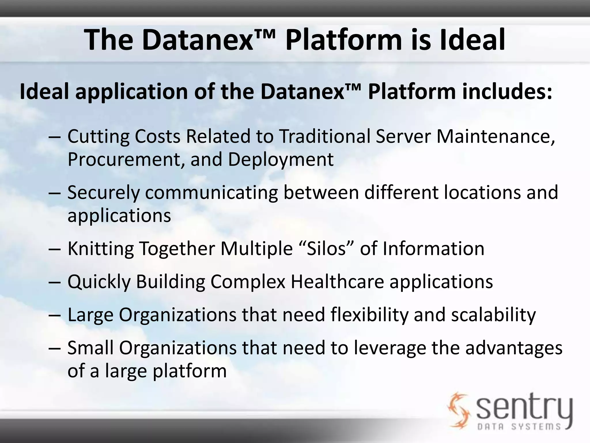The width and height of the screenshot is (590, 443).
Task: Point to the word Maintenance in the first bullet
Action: pyautogui.click(x=496, y=136)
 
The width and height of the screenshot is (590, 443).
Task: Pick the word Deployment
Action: pyautogui.click(x=281, y=159)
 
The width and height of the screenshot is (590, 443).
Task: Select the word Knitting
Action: pyautogui.click(x=101, y=249)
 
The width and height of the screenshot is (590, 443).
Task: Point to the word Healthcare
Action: pyautogui.click(x=337, y=281)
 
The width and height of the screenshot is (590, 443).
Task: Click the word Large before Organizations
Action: pyautogui.click(x=90, y=315)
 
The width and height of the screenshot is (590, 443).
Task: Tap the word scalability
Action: pyautogui.click(x=493, y=315)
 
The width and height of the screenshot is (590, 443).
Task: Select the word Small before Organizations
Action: pyautogui.click(x=90, y=348)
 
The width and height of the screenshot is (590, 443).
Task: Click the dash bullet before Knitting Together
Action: pyautogui.click(x=55, y=249)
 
